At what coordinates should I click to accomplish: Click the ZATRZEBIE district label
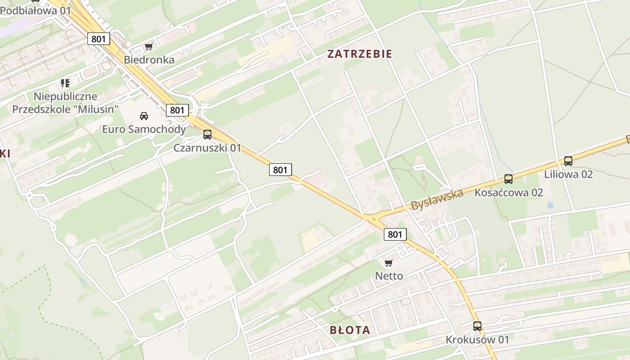pos(360,54)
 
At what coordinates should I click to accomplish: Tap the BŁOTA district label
pos(350,330)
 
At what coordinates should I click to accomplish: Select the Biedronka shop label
pos(149,59)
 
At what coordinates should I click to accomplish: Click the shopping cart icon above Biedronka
pos(149,46)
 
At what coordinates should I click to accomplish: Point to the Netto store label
pos(389,276)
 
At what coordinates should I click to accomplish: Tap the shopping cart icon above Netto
pos(389,263)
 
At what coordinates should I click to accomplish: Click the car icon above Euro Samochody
pos(144,116)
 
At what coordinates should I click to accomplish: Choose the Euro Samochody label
pos(144,130)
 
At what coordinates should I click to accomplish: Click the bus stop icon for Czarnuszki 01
pos(207,134)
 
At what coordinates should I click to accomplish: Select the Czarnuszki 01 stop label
pos(207,148)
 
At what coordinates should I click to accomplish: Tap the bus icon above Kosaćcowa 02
pos(508,179)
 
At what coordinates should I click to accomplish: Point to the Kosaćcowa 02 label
pos(508,193)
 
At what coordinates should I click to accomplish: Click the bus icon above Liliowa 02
pos(568,161)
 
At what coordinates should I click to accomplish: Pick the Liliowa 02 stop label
pos(568,174)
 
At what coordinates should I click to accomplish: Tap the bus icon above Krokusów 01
pos(477,326)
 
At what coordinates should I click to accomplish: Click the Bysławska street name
pos(436,200)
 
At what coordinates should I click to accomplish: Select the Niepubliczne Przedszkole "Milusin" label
pos(66,103)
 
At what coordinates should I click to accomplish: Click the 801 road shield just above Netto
pos(395,234)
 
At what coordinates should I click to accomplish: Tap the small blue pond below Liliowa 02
pos(550,205)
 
